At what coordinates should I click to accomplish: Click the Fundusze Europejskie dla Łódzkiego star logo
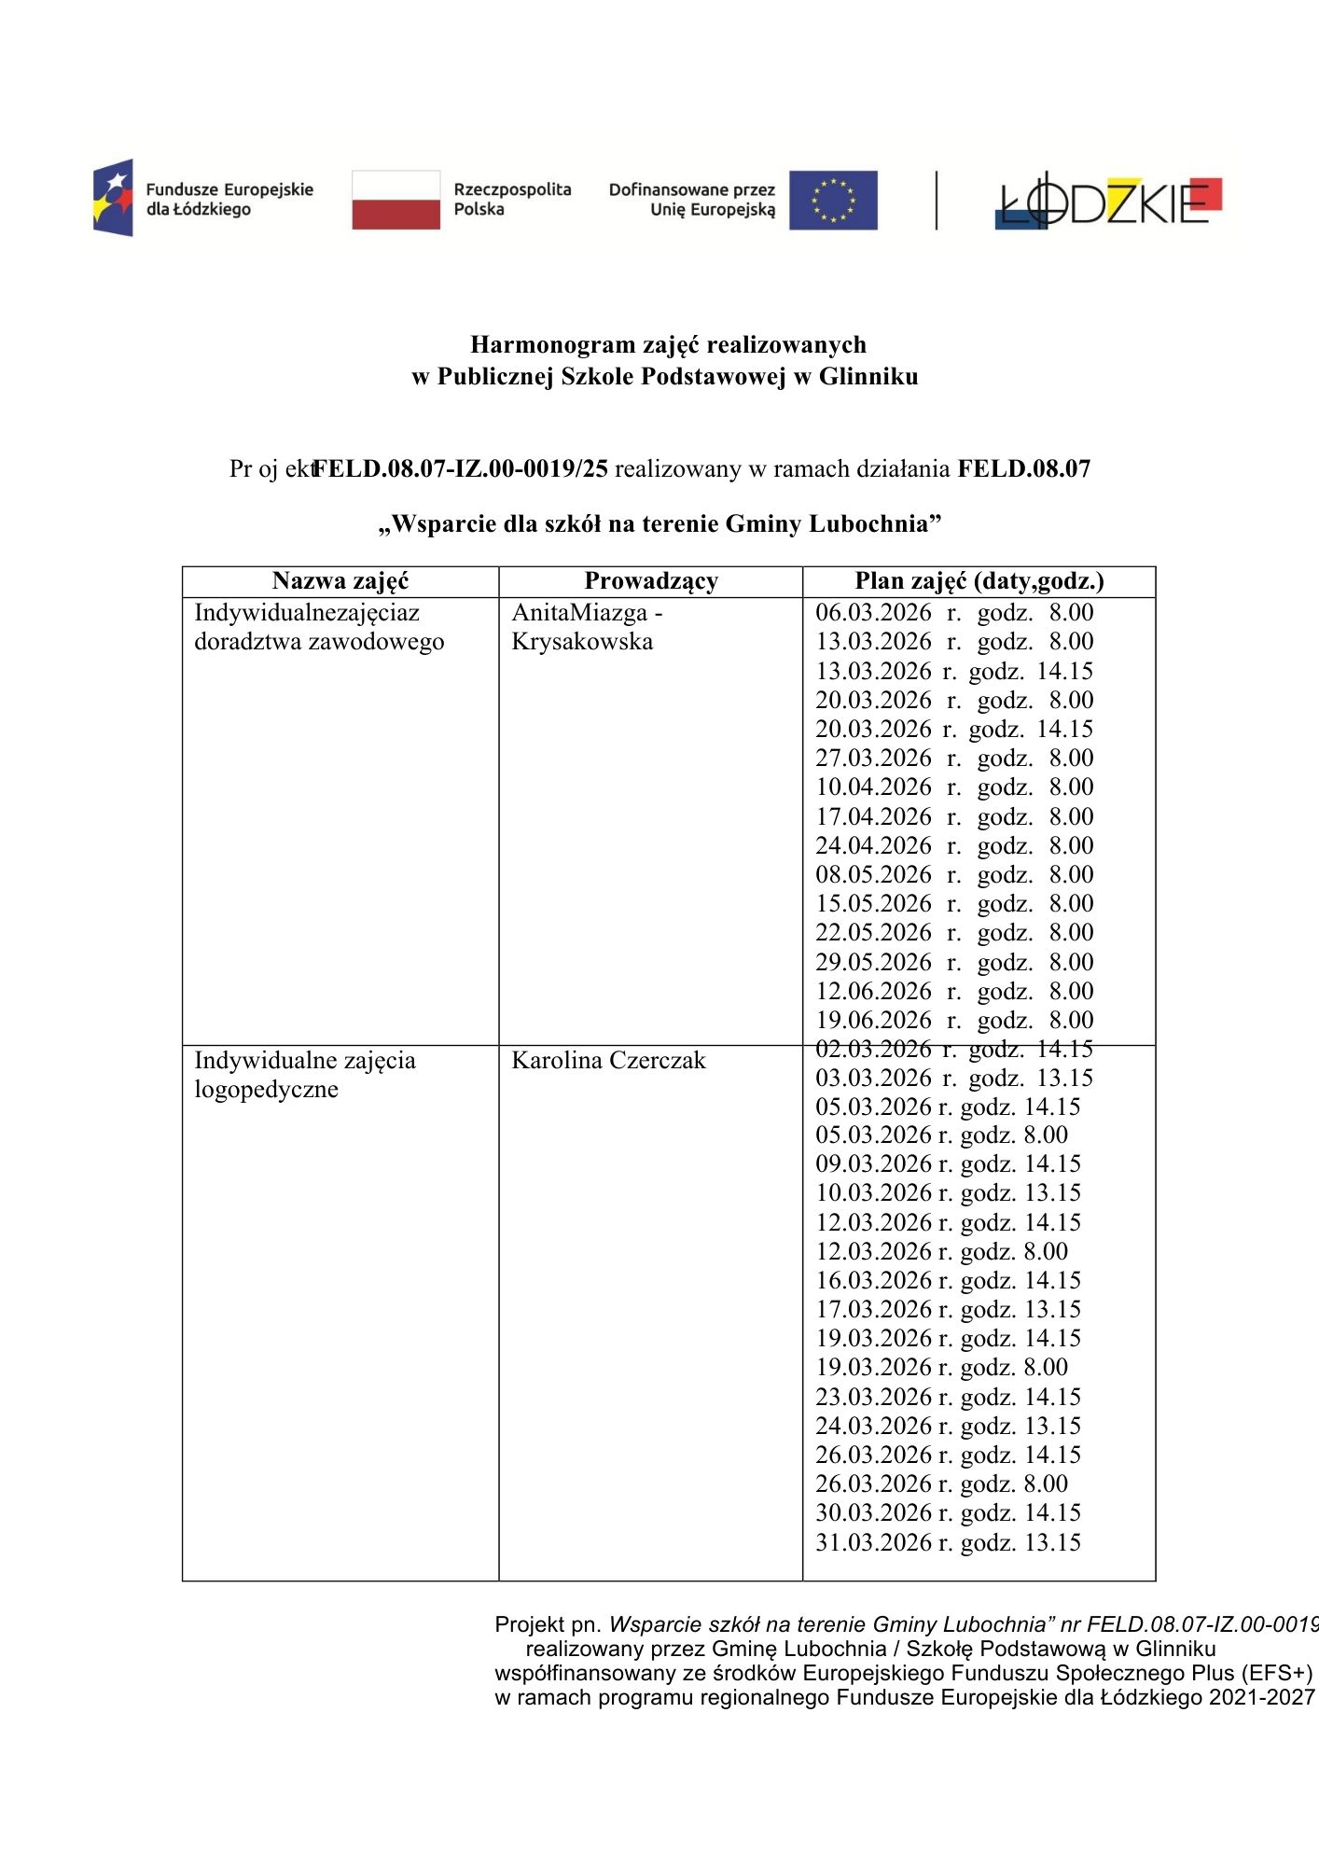(113, 198)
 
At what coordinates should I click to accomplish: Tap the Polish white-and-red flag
(396, 200)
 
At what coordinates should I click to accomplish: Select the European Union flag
(832, 200)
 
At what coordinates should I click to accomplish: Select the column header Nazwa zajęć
(340, 581)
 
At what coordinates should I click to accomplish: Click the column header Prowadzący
(651, 581)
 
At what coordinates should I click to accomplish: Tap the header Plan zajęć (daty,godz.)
(979, 581)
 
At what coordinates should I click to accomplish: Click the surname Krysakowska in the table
(582, 642)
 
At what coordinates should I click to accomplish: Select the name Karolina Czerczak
(608, 1061)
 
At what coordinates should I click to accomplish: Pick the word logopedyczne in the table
(266, 1090)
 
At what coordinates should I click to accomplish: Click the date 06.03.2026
(873, 613)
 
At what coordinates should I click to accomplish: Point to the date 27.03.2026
(873, 759)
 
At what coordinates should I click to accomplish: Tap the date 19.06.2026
(873, 1021)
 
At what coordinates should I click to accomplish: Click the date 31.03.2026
(873, 1543)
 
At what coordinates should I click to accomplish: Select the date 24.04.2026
(873, 846)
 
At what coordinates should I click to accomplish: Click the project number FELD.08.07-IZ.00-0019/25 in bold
(460, 469)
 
